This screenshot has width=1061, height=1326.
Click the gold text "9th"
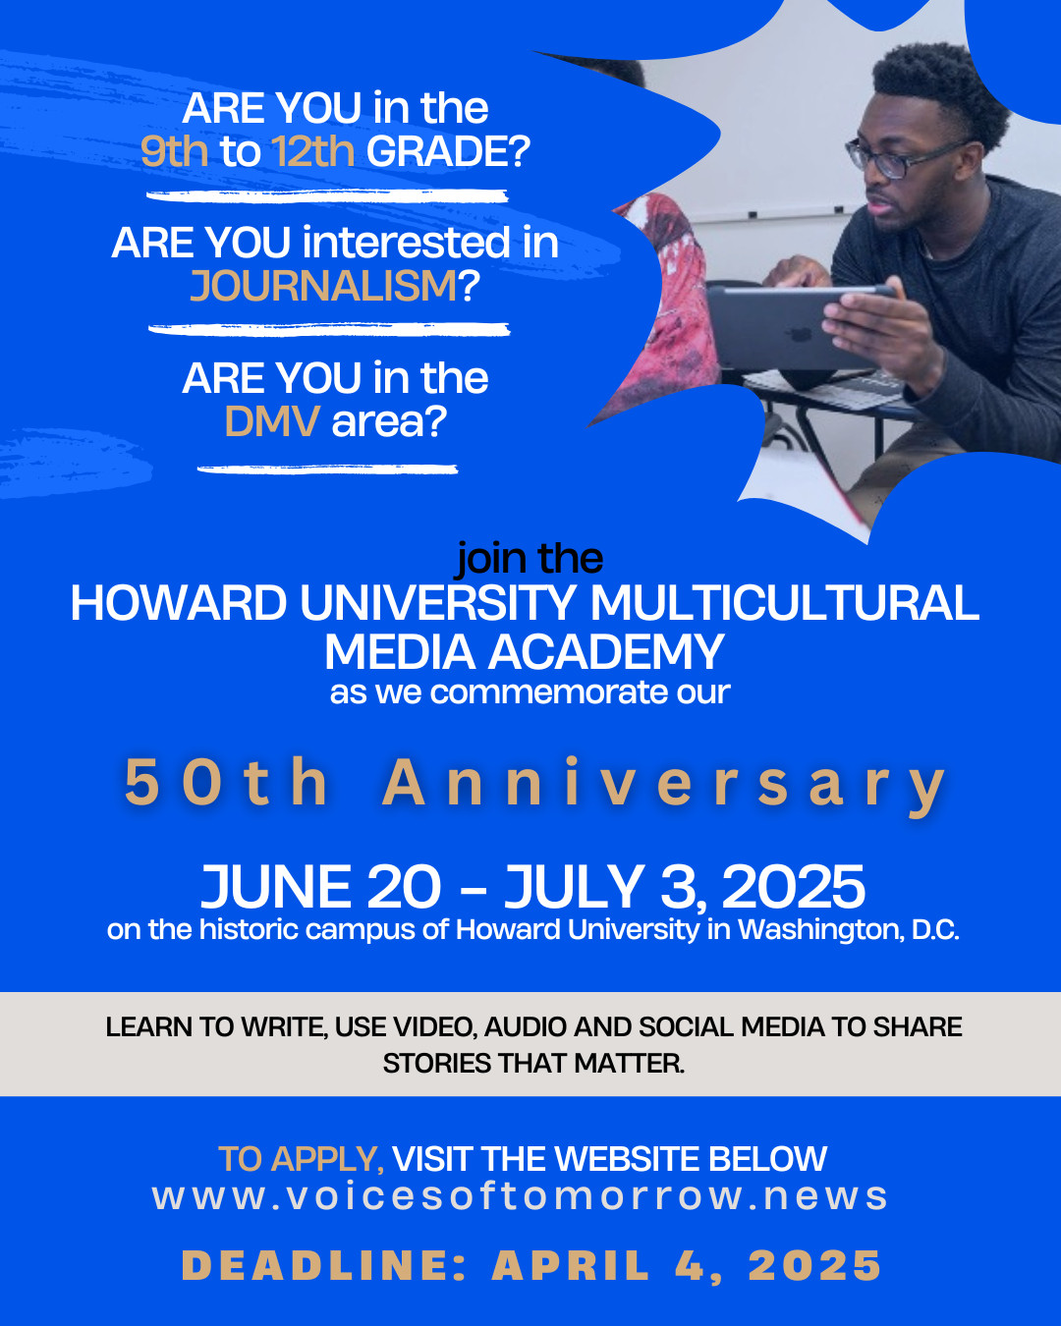click(175, 151)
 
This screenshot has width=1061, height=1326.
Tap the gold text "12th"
click(313, 151)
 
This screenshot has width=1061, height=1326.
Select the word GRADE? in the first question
click(448, 151)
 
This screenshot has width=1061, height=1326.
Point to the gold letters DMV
click(272, 421)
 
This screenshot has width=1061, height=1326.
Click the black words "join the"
click(530, 559)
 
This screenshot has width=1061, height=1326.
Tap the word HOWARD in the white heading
click(179, 603)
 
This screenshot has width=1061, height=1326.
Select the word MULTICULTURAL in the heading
click(785, 603)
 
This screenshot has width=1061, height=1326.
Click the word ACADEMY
click(606, 652)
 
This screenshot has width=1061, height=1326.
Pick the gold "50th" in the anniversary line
click(226, 782)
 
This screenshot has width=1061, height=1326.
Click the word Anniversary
click(664, 785)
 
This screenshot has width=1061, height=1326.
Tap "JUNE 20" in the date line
click(321, 887)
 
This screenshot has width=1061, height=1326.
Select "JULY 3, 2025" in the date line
click(685, 887)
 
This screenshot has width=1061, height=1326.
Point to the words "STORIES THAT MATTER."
click(533, 1064)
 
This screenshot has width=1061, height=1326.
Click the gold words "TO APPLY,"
click(302, 1159)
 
